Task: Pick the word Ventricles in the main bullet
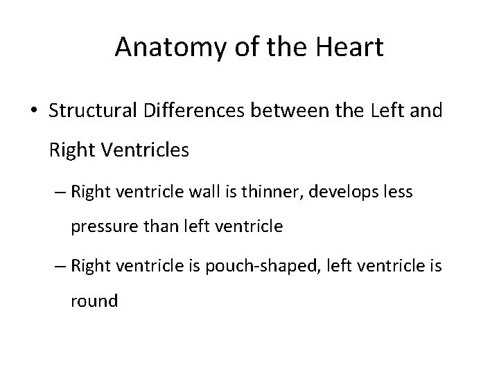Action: coord(143,149)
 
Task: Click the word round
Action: coord(94,301)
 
